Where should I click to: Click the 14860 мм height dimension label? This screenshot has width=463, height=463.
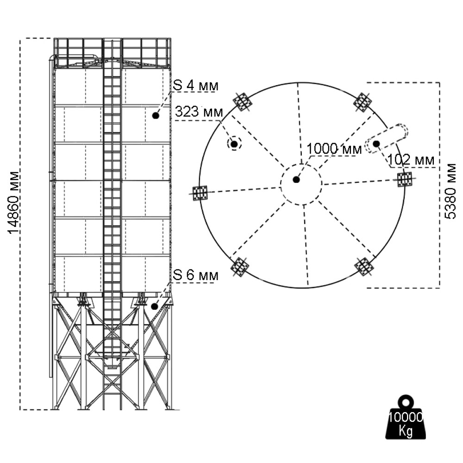click(14, 203)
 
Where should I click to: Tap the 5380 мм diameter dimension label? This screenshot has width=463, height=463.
click(450, 191)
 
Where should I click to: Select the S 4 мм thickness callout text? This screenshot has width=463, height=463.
click(195, 85)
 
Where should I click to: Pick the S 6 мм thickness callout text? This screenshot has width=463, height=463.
click(195, 275)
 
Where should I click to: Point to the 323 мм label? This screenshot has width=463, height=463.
click(199, 112)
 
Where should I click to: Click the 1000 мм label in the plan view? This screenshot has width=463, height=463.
click(334, 149)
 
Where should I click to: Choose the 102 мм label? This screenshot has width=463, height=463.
click(411, 160)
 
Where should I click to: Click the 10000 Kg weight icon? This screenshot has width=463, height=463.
click(406, 417)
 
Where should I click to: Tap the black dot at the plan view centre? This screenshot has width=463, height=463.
click(296, 180)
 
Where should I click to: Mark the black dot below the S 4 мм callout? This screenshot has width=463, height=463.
click(156, 115)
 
